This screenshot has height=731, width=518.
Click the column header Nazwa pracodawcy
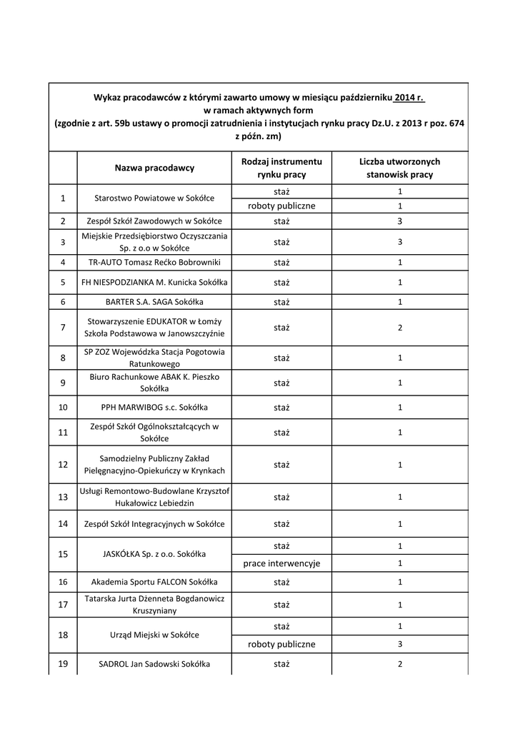[x=154, y=168]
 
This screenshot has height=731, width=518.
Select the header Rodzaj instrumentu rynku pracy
[x=282, y=168]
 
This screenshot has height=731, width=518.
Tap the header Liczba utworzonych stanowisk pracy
[x=399, y=168]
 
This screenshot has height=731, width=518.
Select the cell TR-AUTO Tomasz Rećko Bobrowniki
[x=154, y=262]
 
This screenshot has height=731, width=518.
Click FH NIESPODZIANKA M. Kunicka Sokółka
[x=154, y=282]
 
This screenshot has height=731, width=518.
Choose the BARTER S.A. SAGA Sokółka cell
[x=154, y=301]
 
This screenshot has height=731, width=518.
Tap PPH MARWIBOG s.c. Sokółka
[x=154, y=407]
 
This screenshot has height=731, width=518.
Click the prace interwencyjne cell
[x=282, y=563]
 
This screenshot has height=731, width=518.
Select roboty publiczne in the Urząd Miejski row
[x=282, y=644]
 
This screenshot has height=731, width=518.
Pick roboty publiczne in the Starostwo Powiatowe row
[x=282, y=206]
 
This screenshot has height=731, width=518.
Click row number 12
[x=63, y=464]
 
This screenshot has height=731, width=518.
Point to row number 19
[x=63, y=664]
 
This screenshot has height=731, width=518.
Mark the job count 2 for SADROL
[x=400, y=664]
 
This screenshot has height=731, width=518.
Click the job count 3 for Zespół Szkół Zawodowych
[x=400, y=221]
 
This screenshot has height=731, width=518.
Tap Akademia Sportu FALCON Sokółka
[x=154, y=582]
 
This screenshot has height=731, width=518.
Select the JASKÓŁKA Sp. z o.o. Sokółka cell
[x=154, y=554]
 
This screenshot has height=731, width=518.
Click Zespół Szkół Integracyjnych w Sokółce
[x=154, y=524]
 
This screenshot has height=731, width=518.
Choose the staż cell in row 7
[x=282, y=327]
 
